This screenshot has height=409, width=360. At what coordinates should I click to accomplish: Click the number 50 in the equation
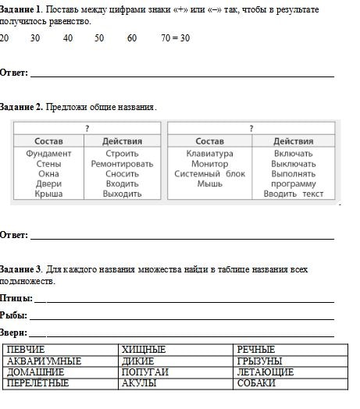[x=99, y=37]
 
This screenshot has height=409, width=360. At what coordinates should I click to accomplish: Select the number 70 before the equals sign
[x=166, y=37]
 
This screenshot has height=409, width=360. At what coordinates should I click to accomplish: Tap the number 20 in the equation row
[x=5, y=37]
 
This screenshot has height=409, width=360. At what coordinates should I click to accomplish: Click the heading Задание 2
[x=21, y=106]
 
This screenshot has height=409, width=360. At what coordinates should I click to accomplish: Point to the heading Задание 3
[x=21, y=269]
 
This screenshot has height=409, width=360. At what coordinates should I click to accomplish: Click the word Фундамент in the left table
[x=48, y=154]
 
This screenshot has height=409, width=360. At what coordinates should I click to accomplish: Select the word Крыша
[x=48, y=194]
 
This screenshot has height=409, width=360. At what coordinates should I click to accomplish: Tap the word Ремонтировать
[x=122, y=164]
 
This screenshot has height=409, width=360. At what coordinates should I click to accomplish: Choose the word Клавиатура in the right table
[x=209, y=154]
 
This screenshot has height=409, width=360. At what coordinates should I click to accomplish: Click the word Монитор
[x=209, y=164]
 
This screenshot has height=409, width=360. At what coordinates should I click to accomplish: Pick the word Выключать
[x=294, y=164]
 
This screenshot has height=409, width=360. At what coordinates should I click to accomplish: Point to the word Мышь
[x=209, y=184]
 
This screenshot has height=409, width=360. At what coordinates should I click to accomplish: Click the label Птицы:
[x=16, y=298]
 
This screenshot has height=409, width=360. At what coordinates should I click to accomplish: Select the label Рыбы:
[x=14, y=315]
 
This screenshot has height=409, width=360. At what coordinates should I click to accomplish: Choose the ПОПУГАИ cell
[x=144, y=372]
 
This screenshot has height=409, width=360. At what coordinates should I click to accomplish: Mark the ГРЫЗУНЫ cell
[x=258, y=361]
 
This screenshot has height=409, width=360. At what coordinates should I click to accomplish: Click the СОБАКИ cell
[x=256, y=383]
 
